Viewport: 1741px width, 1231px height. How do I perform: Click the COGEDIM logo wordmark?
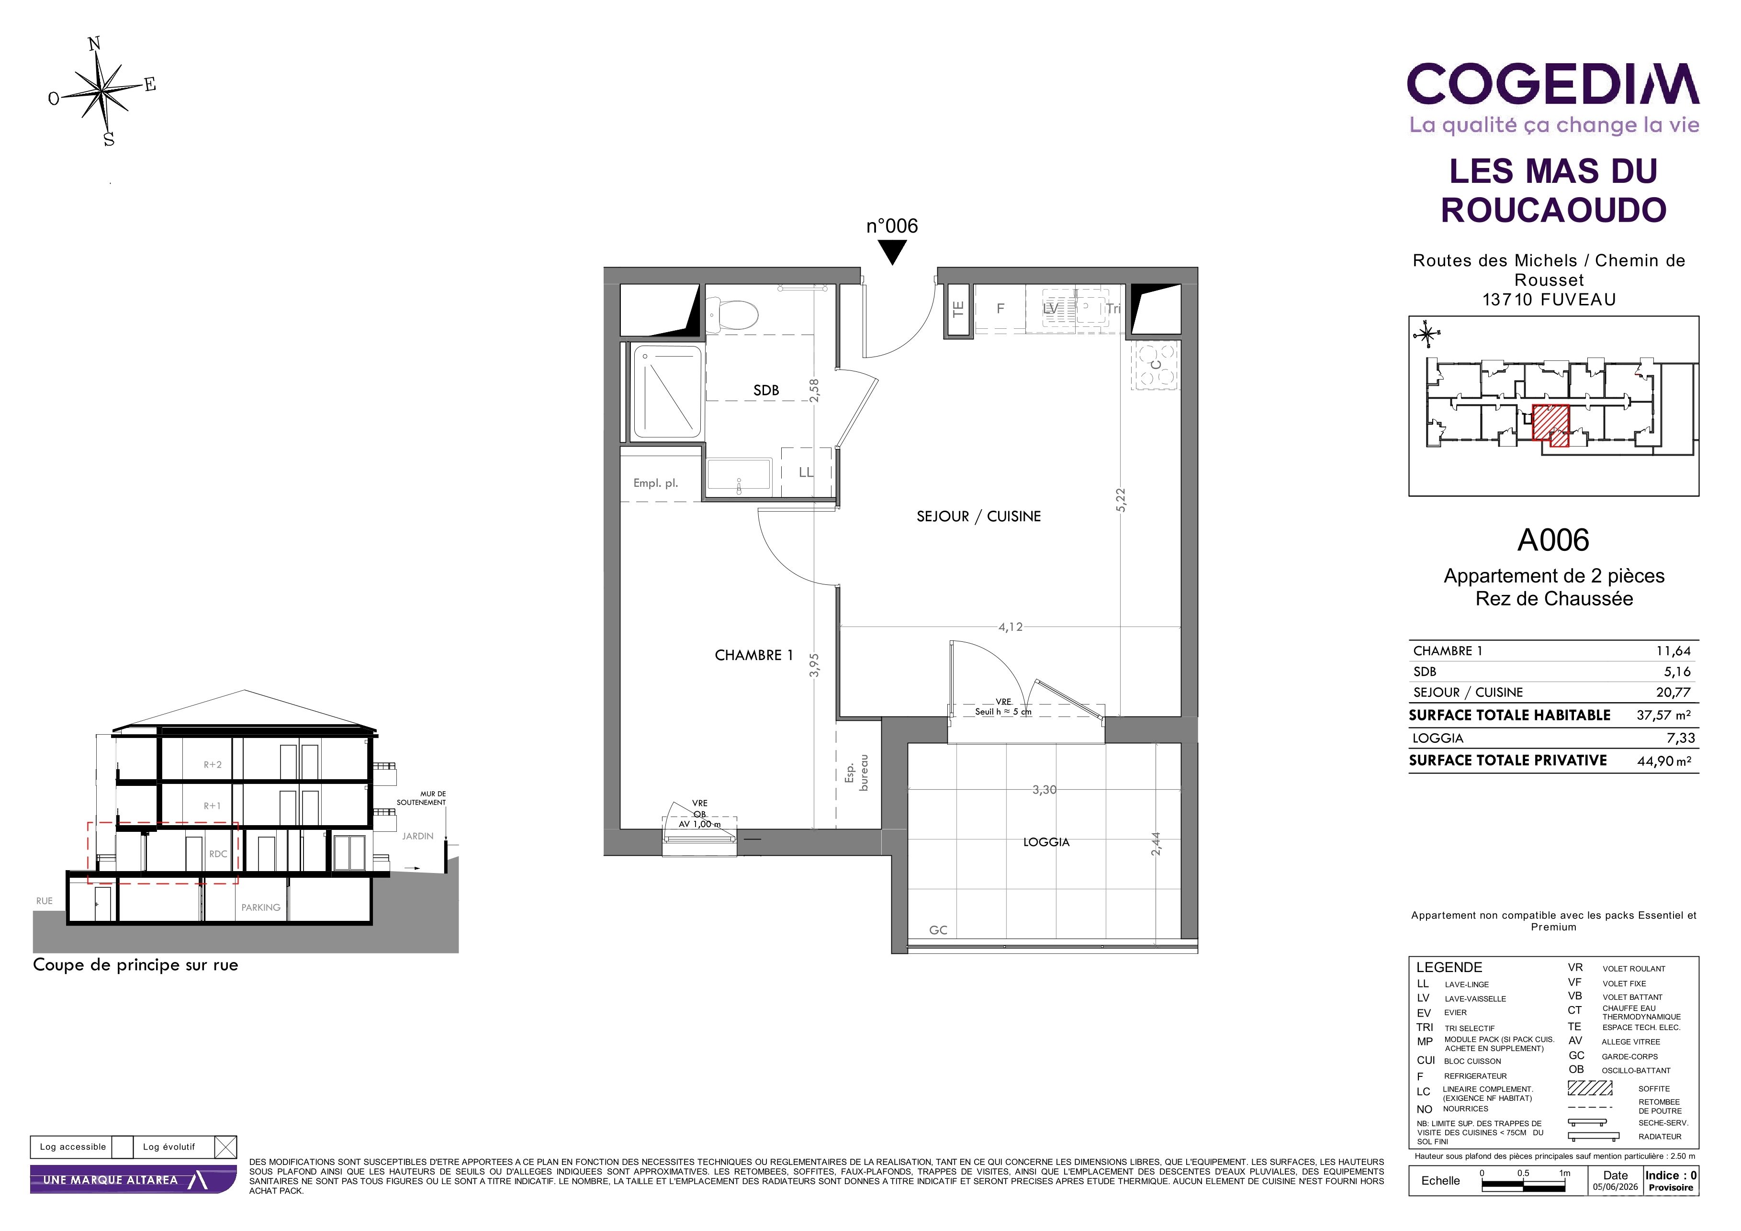1553,84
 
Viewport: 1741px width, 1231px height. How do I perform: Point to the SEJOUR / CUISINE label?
978,516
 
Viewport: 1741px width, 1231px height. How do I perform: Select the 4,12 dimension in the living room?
1010,627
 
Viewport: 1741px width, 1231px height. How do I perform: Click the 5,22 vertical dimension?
1121,500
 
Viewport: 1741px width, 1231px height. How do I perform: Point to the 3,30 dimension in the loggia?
1044,790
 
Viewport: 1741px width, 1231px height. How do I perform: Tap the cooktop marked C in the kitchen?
1156,365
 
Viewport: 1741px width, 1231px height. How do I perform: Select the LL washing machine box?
806,472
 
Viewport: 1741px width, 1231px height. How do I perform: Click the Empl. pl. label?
656,483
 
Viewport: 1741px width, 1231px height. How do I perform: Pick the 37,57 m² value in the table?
1663,715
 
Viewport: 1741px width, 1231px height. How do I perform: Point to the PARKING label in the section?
261,907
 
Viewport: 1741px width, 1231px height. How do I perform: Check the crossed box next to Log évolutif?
226,1147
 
